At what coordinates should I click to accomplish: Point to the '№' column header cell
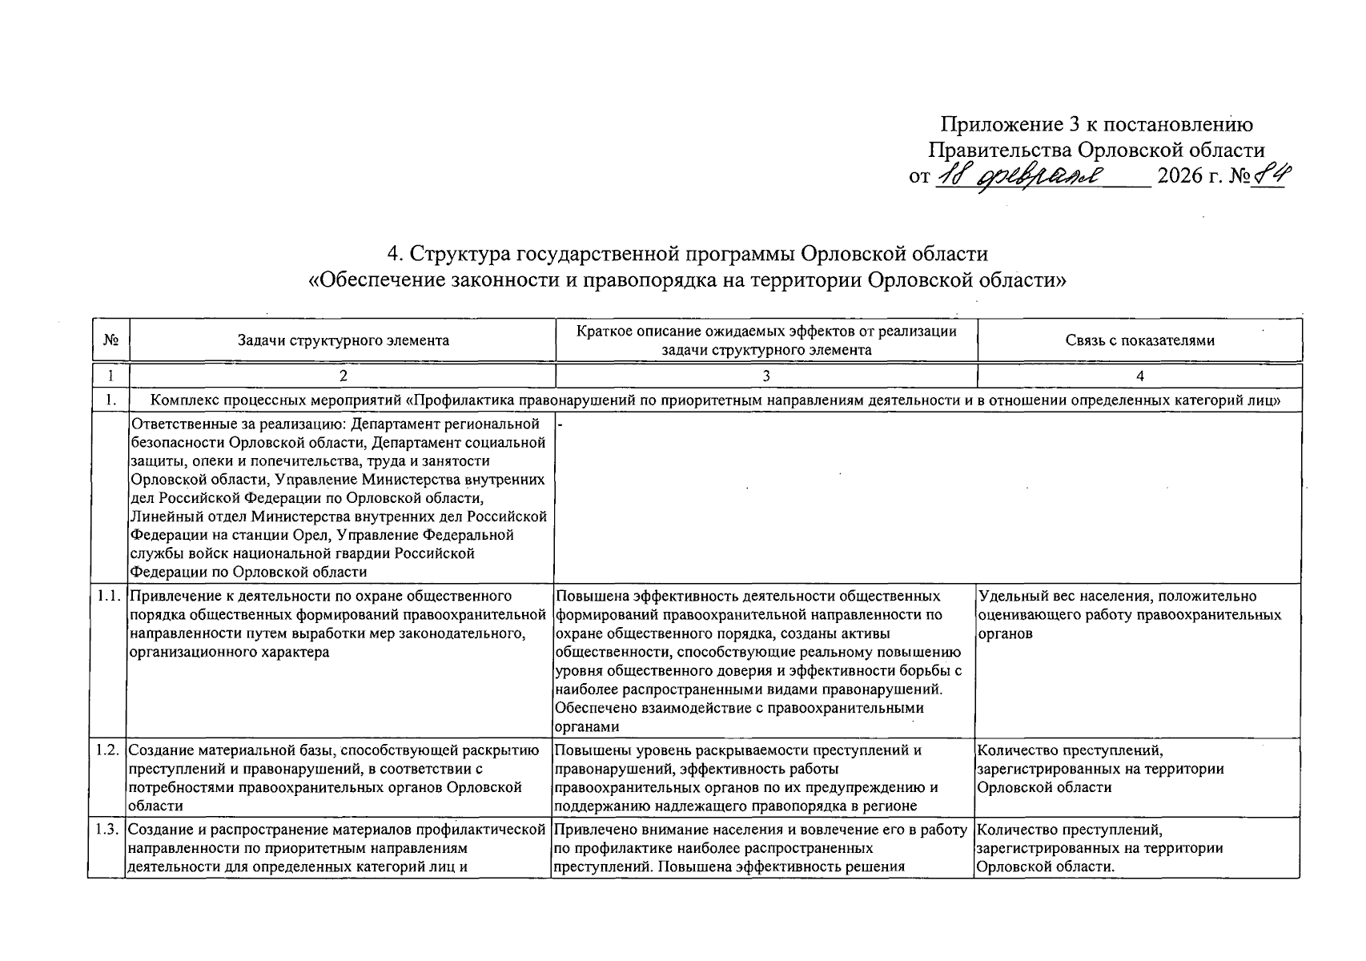point(110,340)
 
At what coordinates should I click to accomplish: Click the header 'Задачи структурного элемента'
point(343,340)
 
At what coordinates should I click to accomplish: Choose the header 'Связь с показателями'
point(1139,340)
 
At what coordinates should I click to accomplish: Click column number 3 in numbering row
point(766,376)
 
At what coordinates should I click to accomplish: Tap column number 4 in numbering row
point(1139,376)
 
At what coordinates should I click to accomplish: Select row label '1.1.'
point(107,596)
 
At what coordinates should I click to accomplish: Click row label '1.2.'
point(107,750)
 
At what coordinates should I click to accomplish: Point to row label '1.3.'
point(107,830)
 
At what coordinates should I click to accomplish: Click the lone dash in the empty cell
point(560,424)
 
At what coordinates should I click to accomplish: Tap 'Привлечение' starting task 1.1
point(168,596)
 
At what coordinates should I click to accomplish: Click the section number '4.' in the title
point(395,254)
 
